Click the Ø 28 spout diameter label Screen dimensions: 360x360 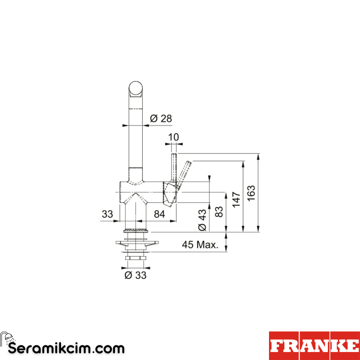161,118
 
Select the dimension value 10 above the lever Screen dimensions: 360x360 174,137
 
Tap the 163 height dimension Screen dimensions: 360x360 251,193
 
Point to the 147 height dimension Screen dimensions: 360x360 236,199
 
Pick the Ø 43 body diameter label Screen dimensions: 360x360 202,220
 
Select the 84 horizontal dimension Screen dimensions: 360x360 160,214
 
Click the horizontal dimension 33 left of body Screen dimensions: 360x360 107,214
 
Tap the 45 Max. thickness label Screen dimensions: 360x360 200,245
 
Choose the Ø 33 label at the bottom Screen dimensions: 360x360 135,275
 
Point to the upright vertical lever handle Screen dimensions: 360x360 174,167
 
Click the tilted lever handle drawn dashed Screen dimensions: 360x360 184,172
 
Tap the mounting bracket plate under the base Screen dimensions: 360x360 137,243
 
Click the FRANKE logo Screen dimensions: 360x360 314,346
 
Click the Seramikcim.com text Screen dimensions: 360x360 66,348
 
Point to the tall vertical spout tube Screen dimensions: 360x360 136,140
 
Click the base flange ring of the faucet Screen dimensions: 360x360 136,230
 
